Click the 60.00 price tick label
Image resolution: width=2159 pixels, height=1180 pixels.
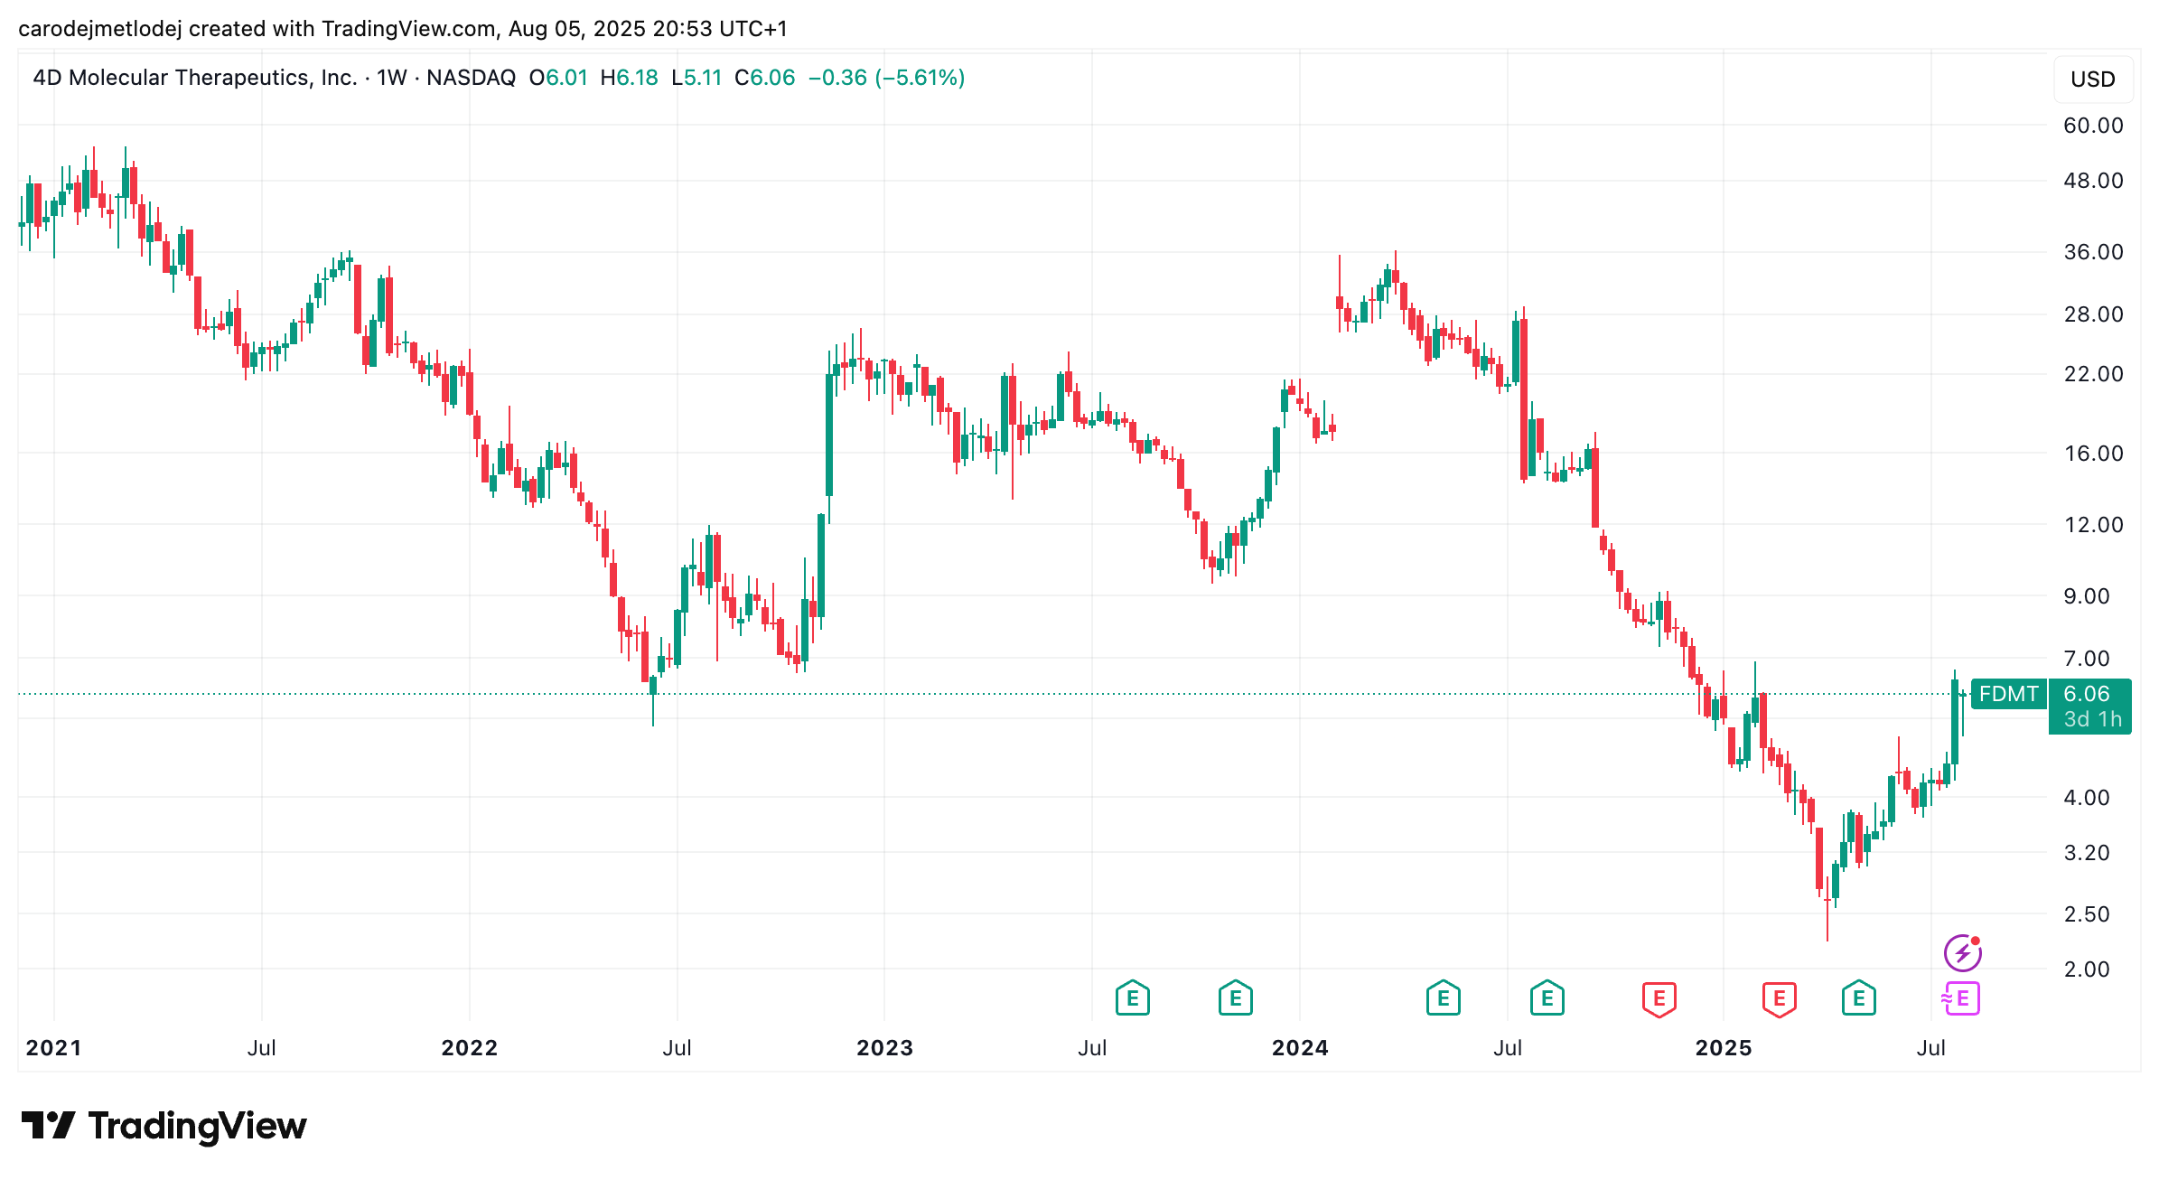coord(2093,126)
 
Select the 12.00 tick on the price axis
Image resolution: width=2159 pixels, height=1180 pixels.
coord(2093,525)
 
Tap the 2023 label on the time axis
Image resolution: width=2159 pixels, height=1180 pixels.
coord(884,1048)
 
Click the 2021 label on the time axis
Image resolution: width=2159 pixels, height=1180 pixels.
coord(53,1048)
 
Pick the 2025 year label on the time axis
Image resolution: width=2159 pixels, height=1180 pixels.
coord(1724,1048)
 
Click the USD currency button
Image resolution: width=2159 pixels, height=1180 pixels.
coord(2093,80)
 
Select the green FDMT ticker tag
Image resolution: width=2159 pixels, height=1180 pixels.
coord(2008,694)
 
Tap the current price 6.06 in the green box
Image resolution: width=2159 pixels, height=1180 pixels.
coord(2087,694)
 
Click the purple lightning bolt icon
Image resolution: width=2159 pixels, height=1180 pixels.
coord(1962,953)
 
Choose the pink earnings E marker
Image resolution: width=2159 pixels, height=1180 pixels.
coord(1961,998)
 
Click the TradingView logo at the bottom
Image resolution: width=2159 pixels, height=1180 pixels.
coord(164,1126)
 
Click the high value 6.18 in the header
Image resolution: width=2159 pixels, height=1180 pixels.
coord(637,78)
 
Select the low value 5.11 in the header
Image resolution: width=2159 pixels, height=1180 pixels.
coord(703,78)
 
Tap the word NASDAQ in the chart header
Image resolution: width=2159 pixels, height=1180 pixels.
coord(471,78)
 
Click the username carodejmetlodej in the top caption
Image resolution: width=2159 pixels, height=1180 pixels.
coord(100,29)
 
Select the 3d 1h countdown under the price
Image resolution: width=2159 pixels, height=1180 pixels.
coord(2093,719)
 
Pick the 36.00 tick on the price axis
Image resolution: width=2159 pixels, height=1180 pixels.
coord(2093,252)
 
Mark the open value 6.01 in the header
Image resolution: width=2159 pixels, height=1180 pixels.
coord(566,78)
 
